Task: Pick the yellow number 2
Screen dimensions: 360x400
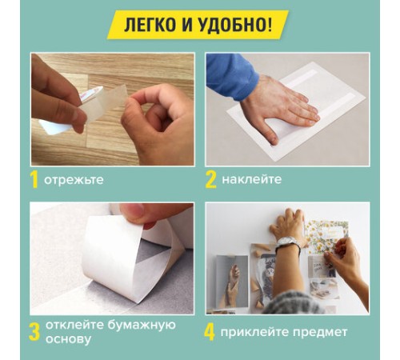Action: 211,179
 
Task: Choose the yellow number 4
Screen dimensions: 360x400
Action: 210,331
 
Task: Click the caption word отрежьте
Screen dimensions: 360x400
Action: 74,180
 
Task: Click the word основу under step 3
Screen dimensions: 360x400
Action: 68,340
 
